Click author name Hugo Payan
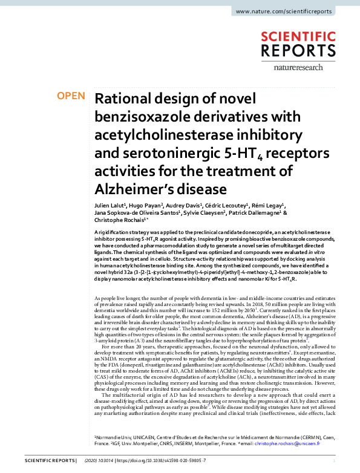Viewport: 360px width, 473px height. click(148, 197)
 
